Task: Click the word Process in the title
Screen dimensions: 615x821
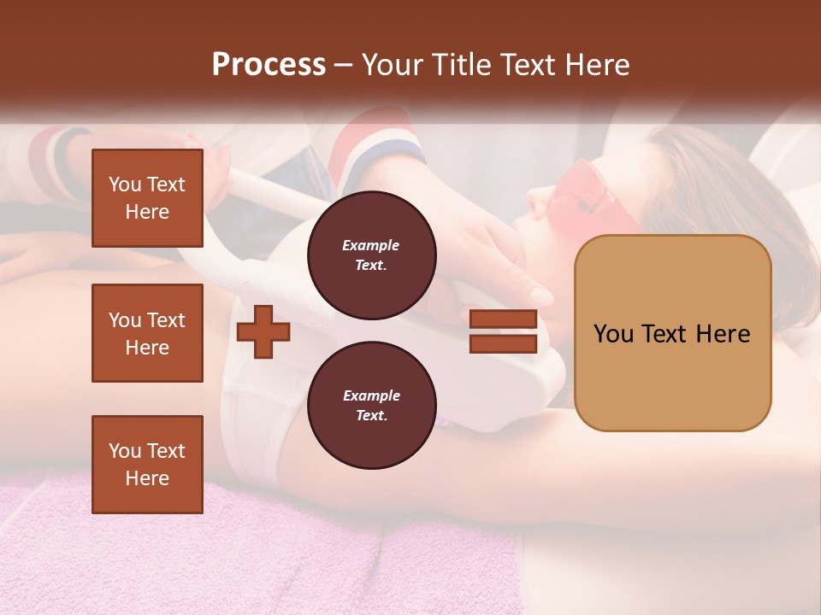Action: coord(269,65)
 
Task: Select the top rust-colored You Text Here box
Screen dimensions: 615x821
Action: coord(147,198)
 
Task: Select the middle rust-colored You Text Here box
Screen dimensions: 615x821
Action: coord(147,333)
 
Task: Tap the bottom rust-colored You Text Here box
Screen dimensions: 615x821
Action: coord(147,464)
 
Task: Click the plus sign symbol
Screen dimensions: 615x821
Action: coord(263,331)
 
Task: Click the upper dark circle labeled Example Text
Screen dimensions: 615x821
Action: coord(371,255)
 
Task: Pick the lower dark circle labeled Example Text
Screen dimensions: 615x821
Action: coord(371,405)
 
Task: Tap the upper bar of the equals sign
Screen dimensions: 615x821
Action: coord(503,319)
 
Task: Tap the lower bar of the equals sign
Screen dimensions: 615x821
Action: coord(503,343)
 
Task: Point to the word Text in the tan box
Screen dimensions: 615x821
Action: coord(669,334)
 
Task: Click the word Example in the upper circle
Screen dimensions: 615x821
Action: coord(371,245)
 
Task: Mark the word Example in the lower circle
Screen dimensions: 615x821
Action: coord(371,395)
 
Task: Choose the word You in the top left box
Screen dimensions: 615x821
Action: coord(124,184)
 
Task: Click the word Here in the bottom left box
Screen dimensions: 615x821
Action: coord(147,478)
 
